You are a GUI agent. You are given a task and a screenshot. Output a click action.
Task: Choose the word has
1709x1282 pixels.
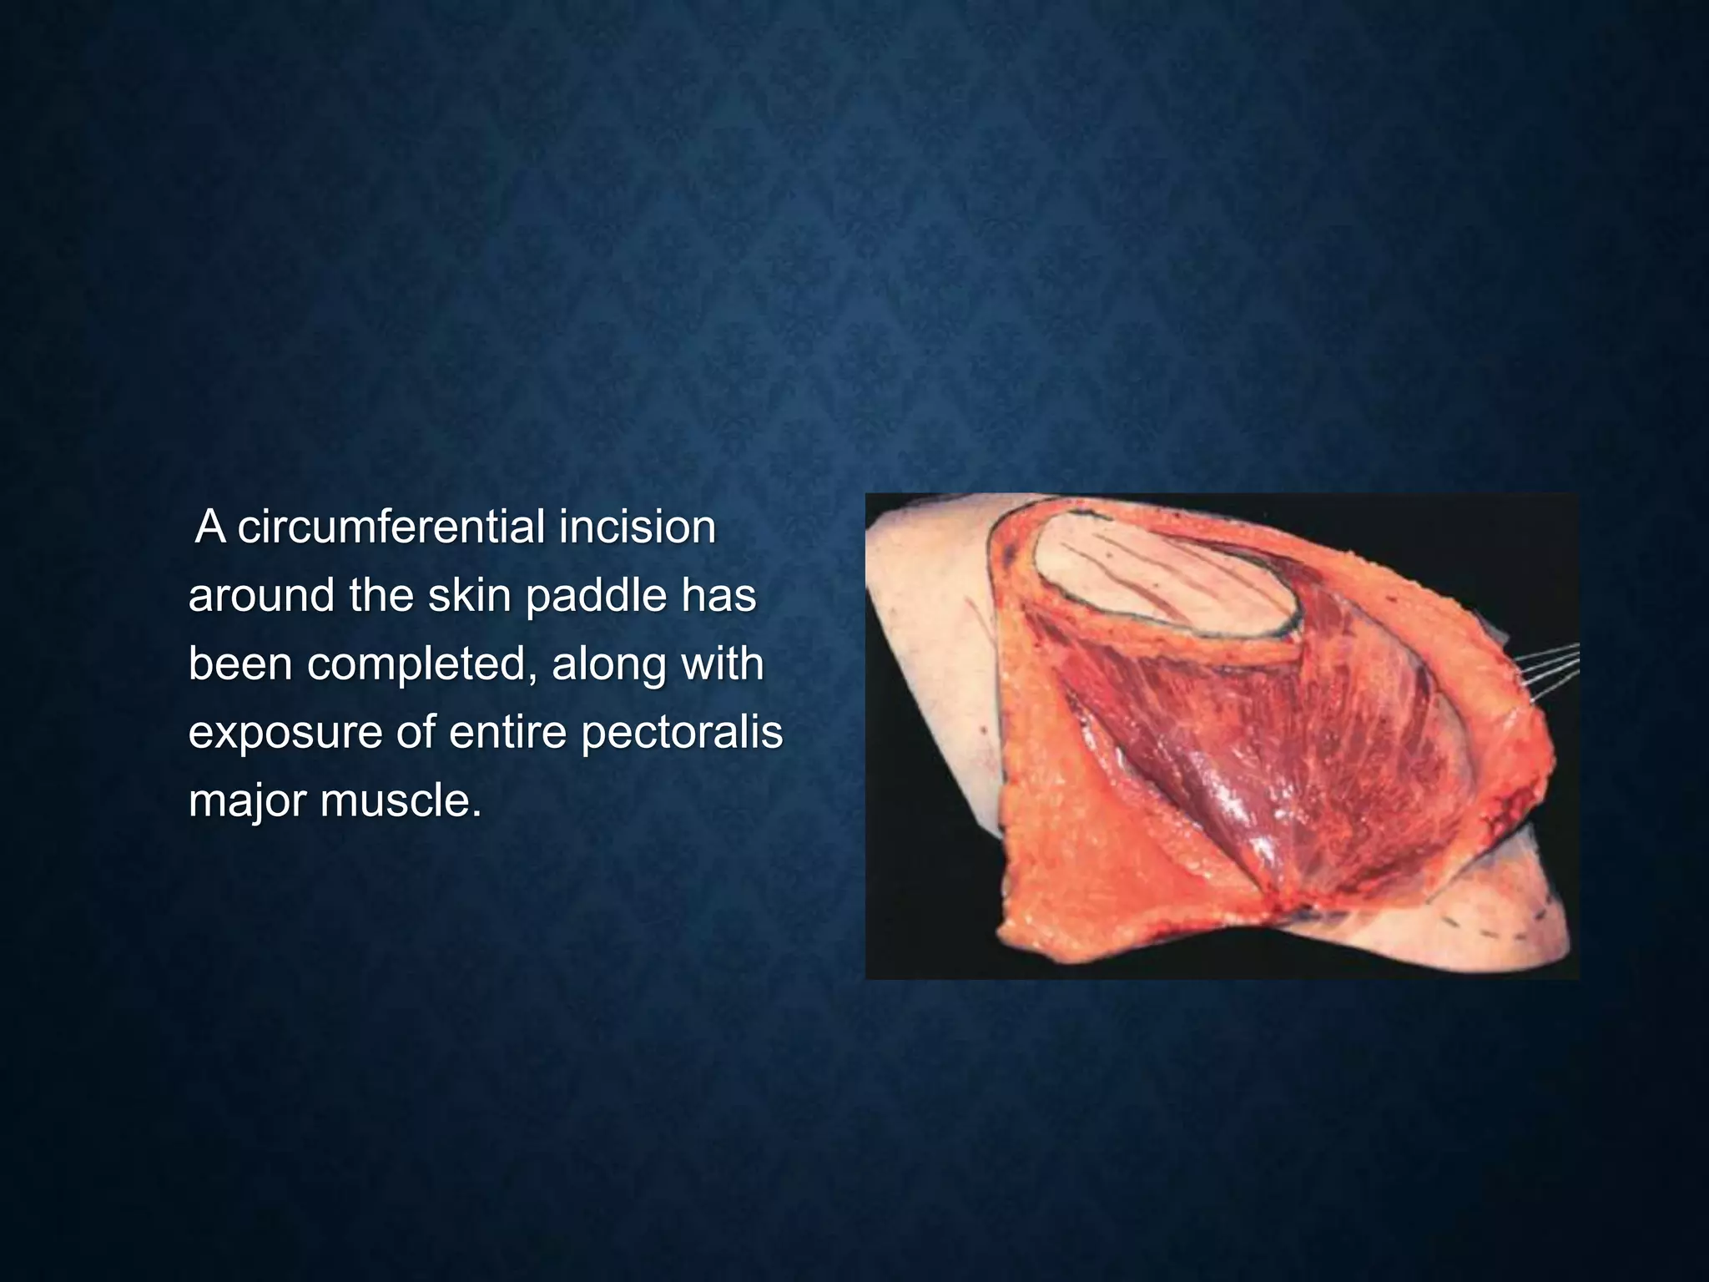tap(724, 596)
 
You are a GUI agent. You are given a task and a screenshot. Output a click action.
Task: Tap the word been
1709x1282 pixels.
tap(240, 664)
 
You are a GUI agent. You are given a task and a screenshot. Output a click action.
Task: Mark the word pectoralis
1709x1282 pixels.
tap(682, 733)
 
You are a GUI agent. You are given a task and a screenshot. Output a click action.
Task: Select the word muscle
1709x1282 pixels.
tap(401, 801)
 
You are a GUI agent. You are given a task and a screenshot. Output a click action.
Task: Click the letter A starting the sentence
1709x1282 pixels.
tap(209, 527)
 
